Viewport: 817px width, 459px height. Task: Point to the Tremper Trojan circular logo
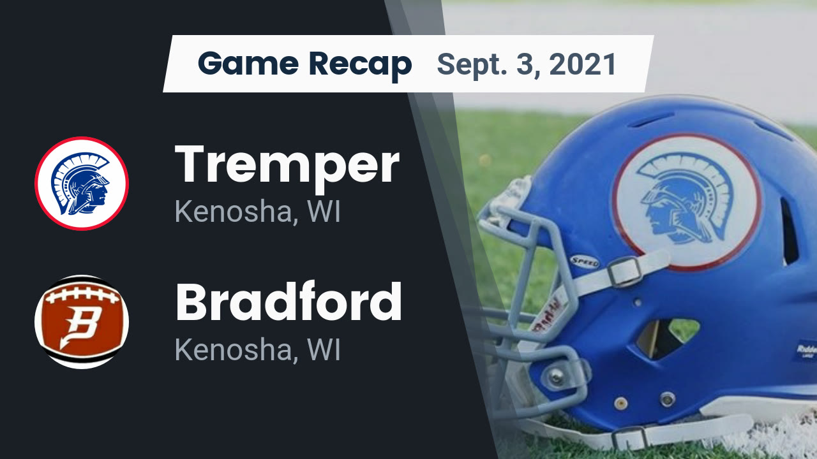(x=82, y=184)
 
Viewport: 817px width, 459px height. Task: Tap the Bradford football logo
(x=82, y=321)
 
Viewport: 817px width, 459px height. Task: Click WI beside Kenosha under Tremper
(x=324, y=212)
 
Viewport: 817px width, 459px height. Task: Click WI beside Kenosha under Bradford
(x=324, y=349)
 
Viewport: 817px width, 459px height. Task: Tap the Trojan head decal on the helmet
(x=686, y=201)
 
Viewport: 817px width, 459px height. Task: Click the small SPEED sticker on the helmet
(x=585, y=261)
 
